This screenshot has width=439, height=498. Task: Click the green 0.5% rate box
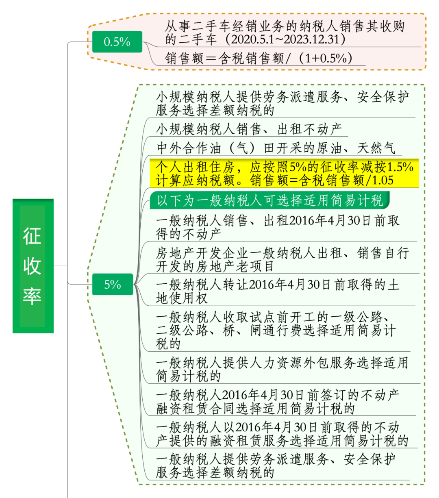coord(117,42)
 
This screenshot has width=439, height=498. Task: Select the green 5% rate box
coord(113,284)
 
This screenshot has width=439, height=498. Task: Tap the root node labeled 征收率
coord(33,266)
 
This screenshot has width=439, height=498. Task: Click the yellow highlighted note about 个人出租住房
coord(284,174)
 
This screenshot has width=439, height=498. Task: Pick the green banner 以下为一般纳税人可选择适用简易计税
coord(269,200)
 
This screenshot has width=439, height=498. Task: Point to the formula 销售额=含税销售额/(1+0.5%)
coord(259,59)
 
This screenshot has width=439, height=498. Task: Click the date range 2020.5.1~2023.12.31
coord(285,39)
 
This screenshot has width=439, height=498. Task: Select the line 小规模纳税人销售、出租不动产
coord(249,129)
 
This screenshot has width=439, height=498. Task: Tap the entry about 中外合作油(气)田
coord(276,148)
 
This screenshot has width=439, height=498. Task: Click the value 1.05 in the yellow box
coord(383,180)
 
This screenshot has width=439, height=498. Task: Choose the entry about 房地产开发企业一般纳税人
coord(283,259)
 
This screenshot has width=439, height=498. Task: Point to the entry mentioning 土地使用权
coord(278,291)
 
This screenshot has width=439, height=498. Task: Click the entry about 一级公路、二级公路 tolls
coord(276,331)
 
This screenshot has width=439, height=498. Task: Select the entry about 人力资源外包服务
coord(282,370)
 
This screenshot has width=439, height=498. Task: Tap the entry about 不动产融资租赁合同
coord(278,402)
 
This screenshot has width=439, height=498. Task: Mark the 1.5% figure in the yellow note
coord(400,167)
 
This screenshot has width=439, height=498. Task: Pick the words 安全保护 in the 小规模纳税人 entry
coord(383,97)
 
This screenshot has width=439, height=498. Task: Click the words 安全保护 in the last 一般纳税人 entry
coord(369,459)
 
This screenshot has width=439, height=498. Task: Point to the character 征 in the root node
coord(32,236)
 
